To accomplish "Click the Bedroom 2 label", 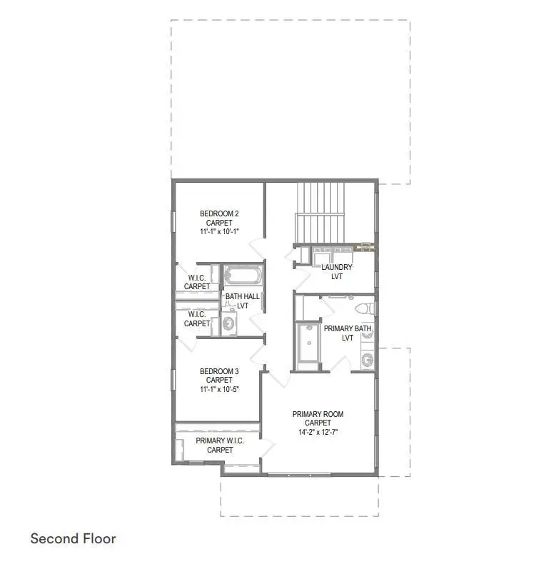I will tap(219, 213).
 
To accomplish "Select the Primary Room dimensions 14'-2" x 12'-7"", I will tap(318, 432).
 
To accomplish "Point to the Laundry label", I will tap(337, 267).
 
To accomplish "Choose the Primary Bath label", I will tap(348, 329).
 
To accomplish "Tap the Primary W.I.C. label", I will tap(220, 440).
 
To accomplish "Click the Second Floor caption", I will tap(73, 538).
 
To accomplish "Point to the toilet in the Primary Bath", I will tap(365, 308).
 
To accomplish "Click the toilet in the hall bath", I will tap(228, 324).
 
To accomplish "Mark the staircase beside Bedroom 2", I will tap(320, 213).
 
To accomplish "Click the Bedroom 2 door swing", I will tap(257, 251).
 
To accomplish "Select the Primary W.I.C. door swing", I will tap(267, 448).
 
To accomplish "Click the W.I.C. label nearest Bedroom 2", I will tap(197, 278).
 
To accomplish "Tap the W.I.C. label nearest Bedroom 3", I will tap(197, 314).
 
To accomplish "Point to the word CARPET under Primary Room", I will tap(318, 423).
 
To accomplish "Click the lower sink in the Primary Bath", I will tap(367, 359).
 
